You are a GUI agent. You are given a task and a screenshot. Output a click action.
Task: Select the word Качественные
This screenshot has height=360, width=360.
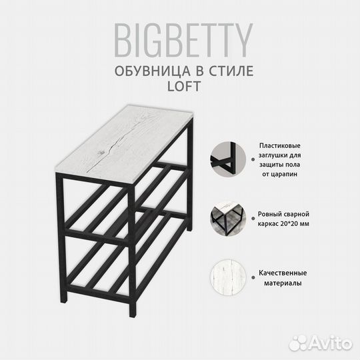point(279,273)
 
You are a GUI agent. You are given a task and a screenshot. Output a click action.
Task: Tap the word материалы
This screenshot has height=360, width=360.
point(279,283)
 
